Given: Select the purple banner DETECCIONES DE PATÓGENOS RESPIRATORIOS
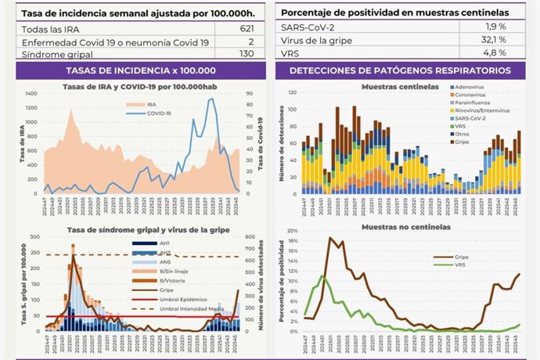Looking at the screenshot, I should point(400,70).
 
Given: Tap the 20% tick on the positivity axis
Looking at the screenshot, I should point(289,232).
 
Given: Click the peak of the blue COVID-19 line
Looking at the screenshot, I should point(211,99).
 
